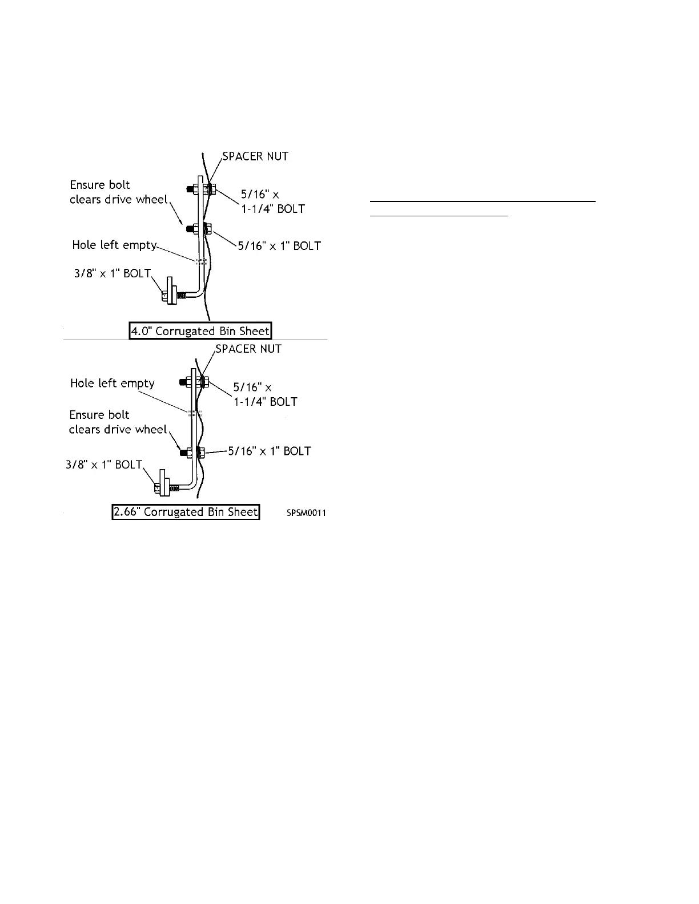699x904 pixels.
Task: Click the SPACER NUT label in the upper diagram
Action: pyautogui.click(x=255, y=156)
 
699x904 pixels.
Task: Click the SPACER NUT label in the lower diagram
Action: pyautogui.click(x=248, y=349)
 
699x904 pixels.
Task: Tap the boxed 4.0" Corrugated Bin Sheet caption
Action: pyautogui.click(x=200, y=331)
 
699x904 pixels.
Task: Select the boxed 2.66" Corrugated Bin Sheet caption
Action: pyautogui.click(x=186, y=512)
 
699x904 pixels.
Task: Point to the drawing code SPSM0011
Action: pyautogui.click(x=306, y=513)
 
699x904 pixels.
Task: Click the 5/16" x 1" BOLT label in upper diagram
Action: pyautogui.click(x=279, y=246)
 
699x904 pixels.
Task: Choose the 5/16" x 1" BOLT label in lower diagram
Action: pyautogui.click(x=270, y=451)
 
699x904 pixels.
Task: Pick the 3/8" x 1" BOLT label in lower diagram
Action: pyautogui.click(x=104, y=465)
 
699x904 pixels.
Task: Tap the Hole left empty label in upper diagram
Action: pyautogui.click(x=114, y=245)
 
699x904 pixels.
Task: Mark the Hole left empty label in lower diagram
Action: pyautogui.click(x=113, y=383)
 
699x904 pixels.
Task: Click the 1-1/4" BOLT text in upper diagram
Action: pyautogui.click(x=272, y=209)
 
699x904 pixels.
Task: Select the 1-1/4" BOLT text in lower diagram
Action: pyautogui.click(x=266, y=402)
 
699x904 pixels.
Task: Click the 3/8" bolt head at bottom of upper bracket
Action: pyautogui.click(x=165, y=295)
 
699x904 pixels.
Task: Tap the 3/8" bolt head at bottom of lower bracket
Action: pyautogui.click(x=157, y=488)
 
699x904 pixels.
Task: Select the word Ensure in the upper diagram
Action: pyautogui.click(x=87, y=185)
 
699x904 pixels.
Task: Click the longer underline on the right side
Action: pyautogui.click(x=483, y=201)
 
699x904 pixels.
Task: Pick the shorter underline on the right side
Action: pyautogui.click(x=439, y=216)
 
